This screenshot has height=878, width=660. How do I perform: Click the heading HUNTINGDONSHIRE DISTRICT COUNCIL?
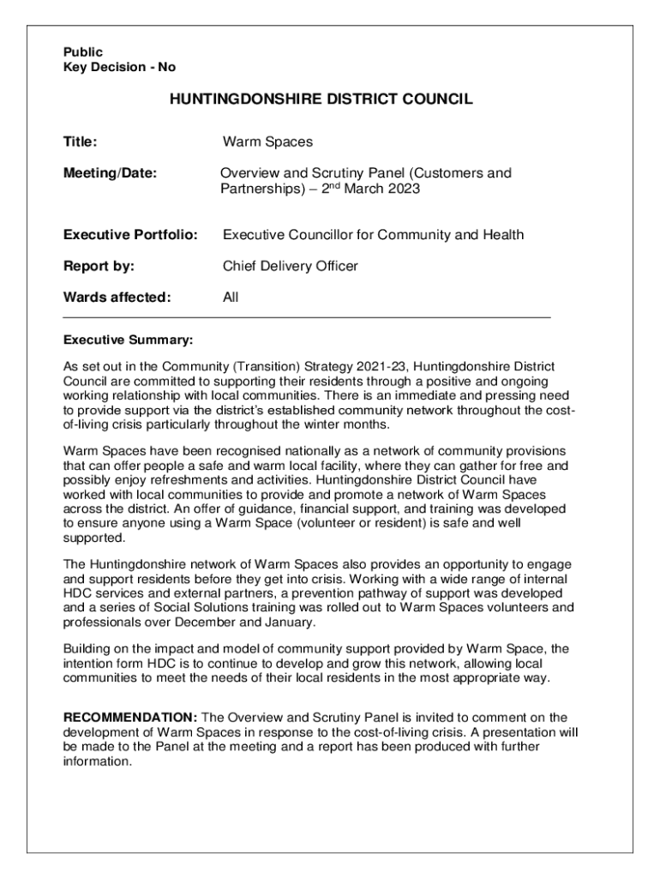(x=321, y=99)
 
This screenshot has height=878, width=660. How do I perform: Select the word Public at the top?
(x=83, y=52)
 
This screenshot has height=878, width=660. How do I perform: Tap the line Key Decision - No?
(x=119, y=67)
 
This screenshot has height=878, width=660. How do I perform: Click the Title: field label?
(x=81, y=141)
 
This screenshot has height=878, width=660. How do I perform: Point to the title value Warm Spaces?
(x=267, y=141)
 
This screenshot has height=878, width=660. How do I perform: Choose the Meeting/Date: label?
(x=111, y=173)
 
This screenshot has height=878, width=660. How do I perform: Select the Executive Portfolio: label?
(x=131, y=235)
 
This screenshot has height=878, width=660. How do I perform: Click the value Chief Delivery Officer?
(x=290, y=266)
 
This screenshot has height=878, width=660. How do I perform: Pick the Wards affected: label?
(x=117, y=298)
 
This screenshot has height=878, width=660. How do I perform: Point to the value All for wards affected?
(x=231, y=298)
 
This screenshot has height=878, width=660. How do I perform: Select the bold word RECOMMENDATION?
(x=131, y=717)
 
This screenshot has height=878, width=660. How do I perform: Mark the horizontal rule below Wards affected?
(x=307, y=317)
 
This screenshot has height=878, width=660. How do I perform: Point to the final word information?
(x=98, y=761)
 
